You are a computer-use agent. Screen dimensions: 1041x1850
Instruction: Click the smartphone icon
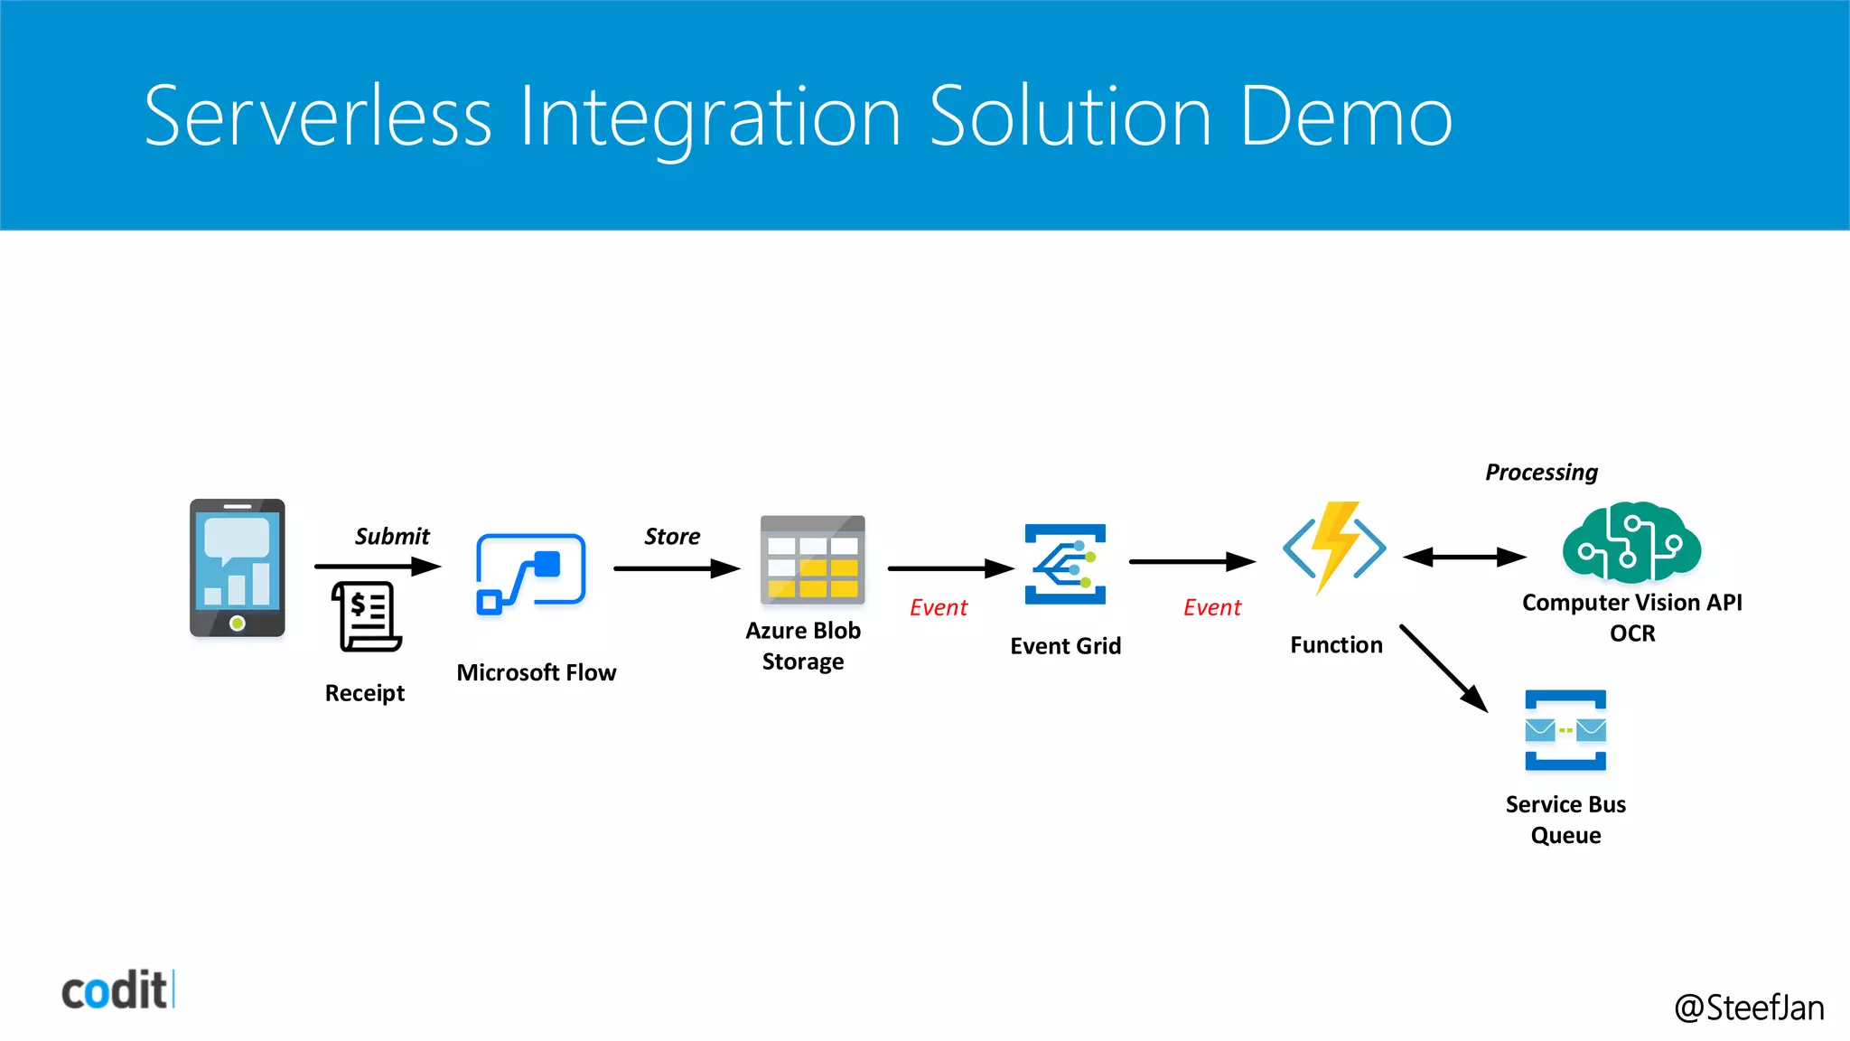click(x=237, y=567)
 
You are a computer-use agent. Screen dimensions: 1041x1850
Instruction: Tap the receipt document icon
click(x=367, y=616)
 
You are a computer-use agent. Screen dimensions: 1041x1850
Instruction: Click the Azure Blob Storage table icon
click(x=812, y=559)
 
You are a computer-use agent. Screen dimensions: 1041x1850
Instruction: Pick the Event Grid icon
click(x=1065, y=564)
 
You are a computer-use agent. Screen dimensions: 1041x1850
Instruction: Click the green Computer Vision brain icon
click(x=1631, y=541)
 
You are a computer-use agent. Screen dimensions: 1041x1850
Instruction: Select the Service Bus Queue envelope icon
click(x=1565, y=730)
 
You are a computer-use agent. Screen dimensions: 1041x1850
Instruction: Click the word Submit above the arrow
click(x=392, y=536)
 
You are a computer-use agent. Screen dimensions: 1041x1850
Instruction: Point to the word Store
click(x=672, y=536)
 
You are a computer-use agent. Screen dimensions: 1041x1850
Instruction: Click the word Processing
click(x=1541, y=473)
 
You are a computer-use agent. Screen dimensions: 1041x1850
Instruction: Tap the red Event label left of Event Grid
click(x=938, y=607)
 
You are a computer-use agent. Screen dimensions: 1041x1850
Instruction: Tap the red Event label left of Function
click(x=1212, y=607)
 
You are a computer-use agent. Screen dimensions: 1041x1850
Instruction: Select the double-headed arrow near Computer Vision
click(x=1464, y=557)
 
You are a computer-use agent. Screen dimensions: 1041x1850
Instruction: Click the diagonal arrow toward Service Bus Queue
click(x=1444, y=668)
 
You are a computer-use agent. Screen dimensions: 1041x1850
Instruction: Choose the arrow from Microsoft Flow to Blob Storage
click(x=677, y=568)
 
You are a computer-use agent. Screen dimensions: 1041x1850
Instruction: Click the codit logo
click(x=117, y=990)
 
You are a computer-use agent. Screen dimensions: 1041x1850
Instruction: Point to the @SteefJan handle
click(x=1749, y=1007)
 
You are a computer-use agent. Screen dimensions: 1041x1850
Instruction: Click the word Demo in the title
click(x=1346, y=117)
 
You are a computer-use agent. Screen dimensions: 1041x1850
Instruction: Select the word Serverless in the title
click(x=318, y=117)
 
